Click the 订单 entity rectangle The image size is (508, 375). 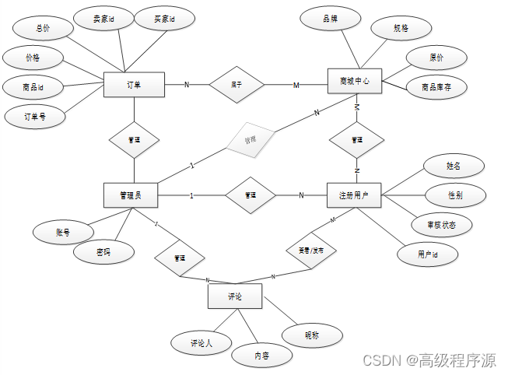(x=133, y=85)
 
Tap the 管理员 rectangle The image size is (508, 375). (x=131, y=195)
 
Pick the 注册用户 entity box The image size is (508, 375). (x=354, y=195)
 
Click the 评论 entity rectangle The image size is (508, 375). (x=235, y=296)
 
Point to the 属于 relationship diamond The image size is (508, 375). (x=236, y=85)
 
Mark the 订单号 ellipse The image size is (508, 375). (x=35, y=117)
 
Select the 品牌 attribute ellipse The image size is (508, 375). (x=330, y=18)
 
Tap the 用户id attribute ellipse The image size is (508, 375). (x=427, y=254)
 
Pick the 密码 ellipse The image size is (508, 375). (x=103, y=252)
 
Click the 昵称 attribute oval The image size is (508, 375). (x=312, y=335)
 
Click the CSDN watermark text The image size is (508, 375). (x=429, y=360)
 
